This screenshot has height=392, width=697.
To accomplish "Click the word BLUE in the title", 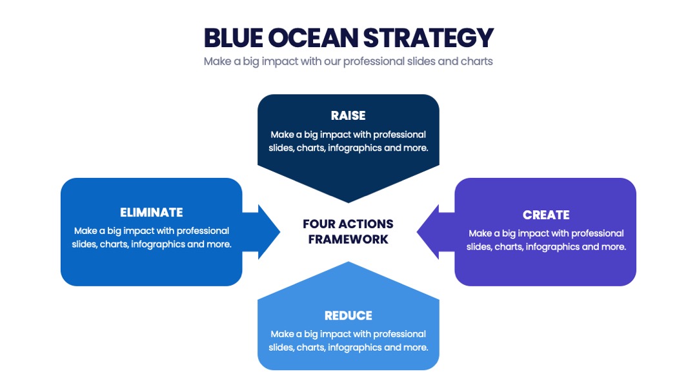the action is (234, 38).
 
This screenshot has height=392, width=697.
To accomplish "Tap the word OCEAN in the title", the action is (314, 38).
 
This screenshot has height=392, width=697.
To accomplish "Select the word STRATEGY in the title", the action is (429, 38).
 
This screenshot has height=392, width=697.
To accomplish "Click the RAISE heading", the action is (348, 116).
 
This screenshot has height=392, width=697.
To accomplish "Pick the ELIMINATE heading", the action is (152, 213).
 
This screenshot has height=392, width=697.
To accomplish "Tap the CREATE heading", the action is (546, 215).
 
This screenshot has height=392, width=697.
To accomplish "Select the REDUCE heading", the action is (348, 316).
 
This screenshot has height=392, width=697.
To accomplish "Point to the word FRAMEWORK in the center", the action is (348, 239).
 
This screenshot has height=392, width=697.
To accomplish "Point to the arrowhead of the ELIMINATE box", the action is (280, 231).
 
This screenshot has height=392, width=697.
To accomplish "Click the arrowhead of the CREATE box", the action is (417, 231).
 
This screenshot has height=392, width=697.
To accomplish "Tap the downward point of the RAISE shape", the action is (348, 203).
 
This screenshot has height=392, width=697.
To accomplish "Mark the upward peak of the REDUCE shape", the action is (348, 262).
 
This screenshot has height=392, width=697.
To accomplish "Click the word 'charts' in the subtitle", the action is (476, 61).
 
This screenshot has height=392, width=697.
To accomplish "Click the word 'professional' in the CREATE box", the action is (598, 233).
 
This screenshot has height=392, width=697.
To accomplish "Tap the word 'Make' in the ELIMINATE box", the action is (85, 231).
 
